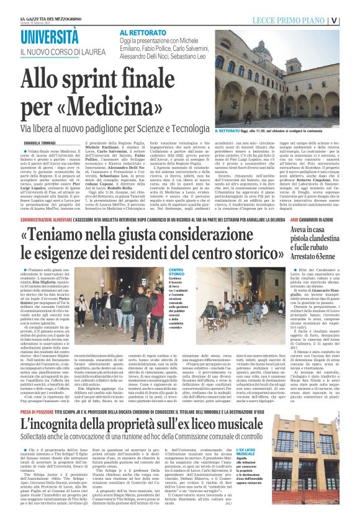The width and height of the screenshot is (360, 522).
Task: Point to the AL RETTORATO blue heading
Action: pos(139,32)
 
